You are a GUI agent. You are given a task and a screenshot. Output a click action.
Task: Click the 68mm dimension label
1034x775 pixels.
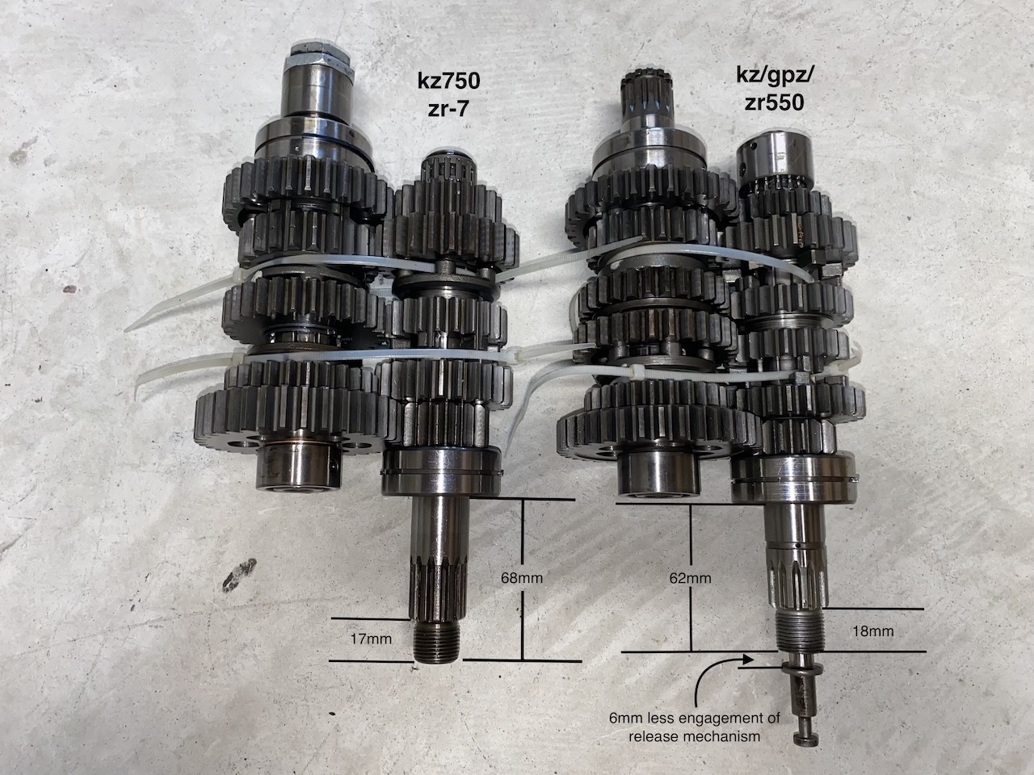(522, 577)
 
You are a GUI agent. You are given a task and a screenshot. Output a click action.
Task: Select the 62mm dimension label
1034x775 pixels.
(690, 578)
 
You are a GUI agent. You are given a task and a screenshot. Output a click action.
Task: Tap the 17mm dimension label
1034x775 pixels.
(372, 639)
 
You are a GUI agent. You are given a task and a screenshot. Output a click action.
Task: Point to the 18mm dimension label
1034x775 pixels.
(873, 631)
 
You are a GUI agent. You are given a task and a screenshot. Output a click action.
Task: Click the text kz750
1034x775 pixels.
(449, 81)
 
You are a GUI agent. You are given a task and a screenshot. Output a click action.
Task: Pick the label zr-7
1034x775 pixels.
(449, 110)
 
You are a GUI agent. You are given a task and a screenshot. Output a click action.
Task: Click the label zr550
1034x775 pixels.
(774, 103)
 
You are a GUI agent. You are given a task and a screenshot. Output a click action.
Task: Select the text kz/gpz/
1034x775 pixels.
(774, 76)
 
